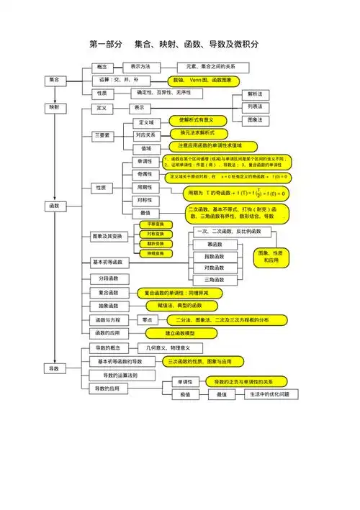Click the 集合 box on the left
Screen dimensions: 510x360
(x=54, y=79)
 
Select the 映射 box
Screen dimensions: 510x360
(x=54, y=107)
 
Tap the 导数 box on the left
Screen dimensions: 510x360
(x=54, y=368)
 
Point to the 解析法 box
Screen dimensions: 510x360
(x=255, y=94)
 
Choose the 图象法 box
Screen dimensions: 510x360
(x=255, y=119)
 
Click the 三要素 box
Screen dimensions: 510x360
(x=102, y=135)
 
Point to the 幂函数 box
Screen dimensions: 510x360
(x=215, y=245)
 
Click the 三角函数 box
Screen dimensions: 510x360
(x=215, y=279)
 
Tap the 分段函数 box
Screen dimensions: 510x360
(x=109, y=278)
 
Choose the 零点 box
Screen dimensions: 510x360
(x=146, y=319)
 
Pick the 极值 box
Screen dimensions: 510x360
(x=186, y=395)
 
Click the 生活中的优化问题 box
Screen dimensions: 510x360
(x=269, y=395)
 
